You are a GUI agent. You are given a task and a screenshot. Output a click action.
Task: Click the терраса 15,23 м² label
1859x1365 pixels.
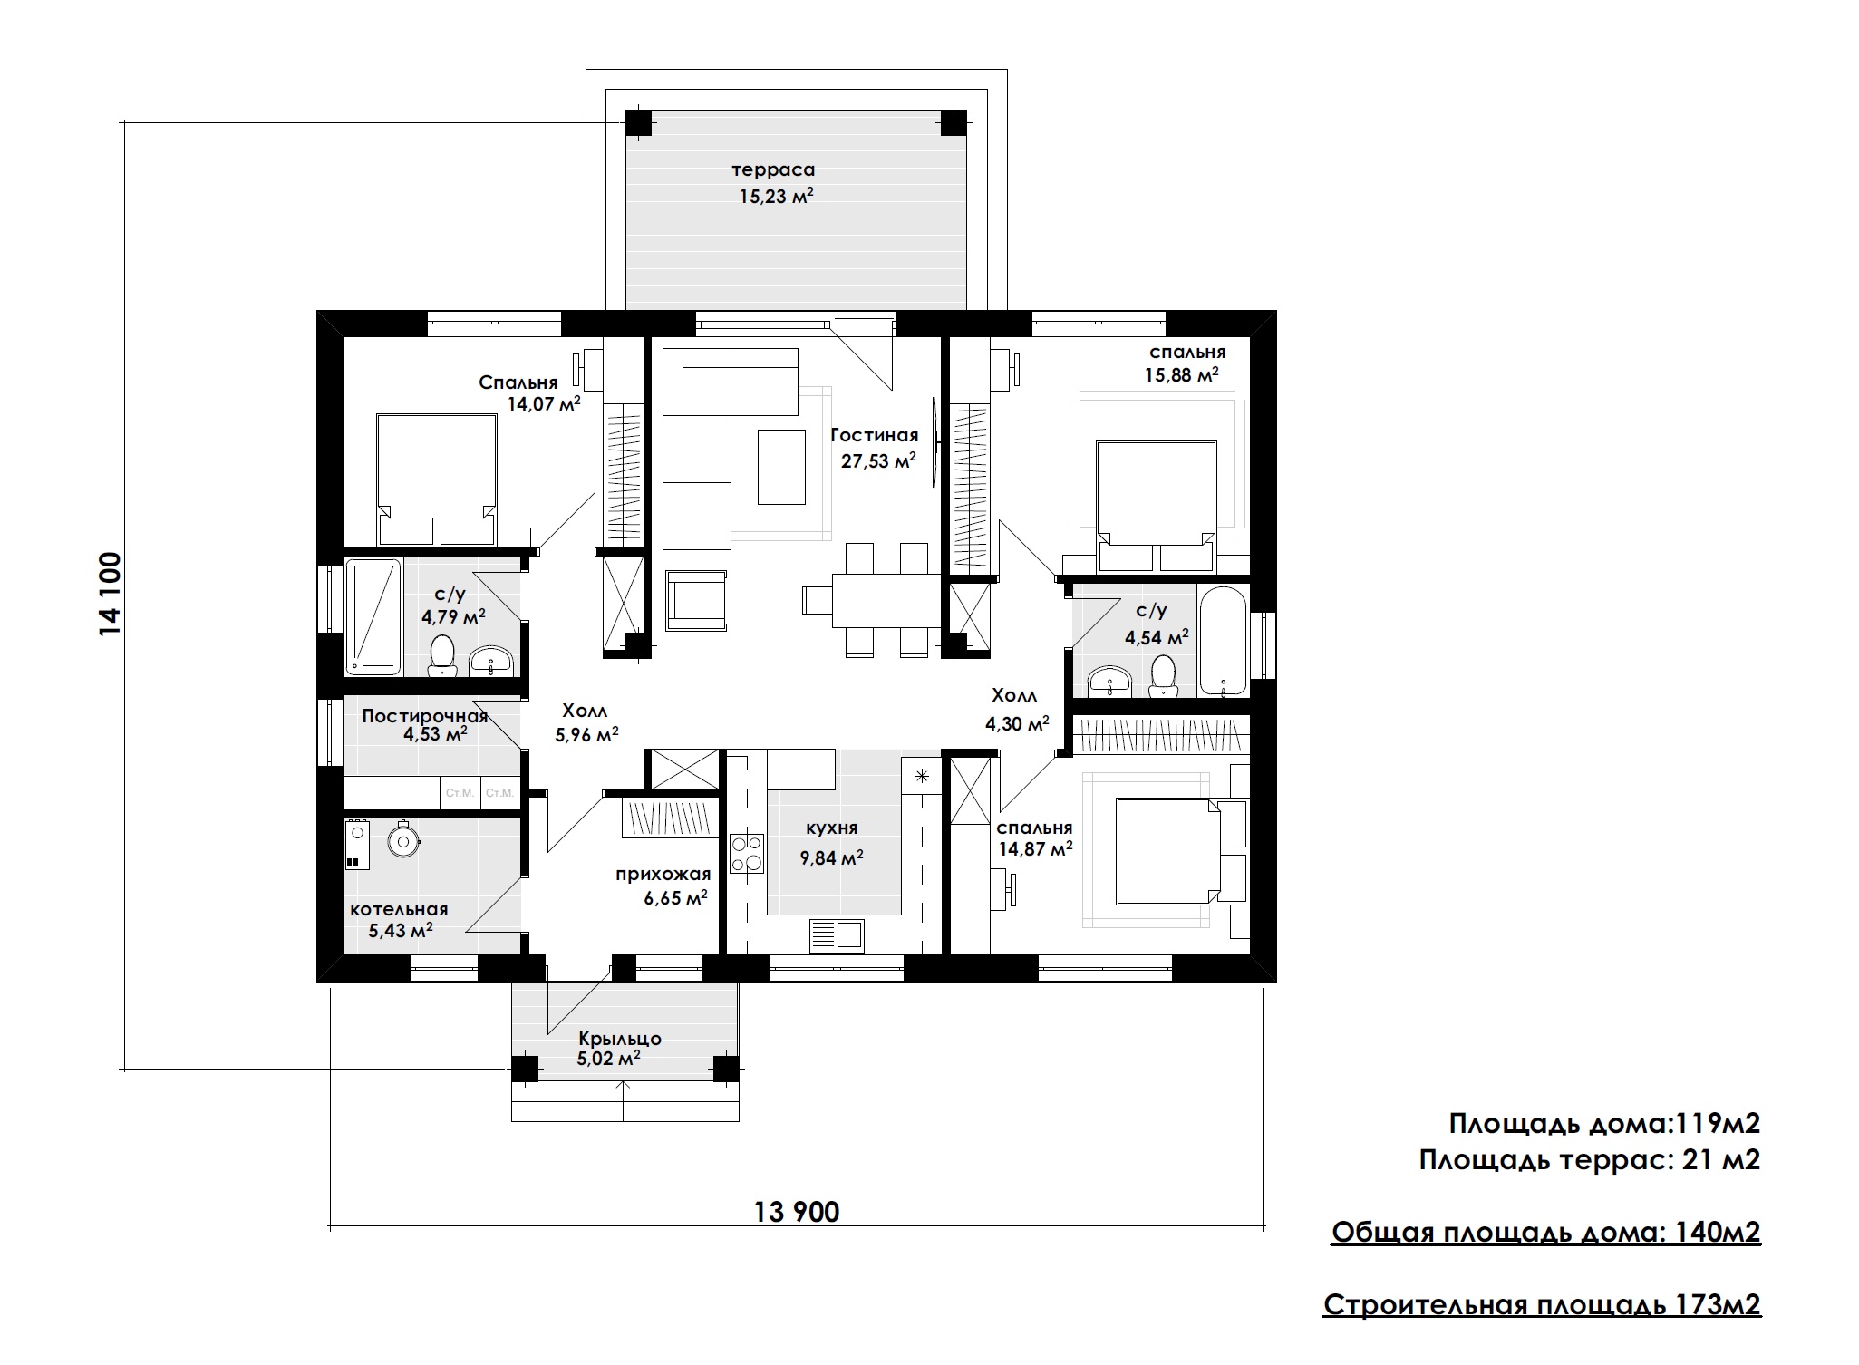(773, 182)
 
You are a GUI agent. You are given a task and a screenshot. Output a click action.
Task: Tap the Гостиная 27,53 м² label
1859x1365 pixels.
(875, 449)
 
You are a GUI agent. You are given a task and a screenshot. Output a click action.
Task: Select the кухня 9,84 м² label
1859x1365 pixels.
(831, 842)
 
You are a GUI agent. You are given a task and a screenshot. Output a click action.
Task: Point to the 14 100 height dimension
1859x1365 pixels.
(110, 594)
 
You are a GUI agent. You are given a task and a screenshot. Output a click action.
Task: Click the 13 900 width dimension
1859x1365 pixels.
(797, 1211)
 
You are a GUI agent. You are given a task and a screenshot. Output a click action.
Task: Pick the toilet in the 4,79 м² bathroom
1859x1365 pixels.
(441, 655)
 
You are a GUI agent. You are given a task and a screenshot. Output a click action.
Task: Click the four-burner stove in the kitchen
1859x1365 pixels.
(748, 852)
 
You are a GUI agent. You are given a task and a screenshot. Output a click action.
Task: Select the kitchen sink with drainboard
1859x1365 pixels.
(837, 935)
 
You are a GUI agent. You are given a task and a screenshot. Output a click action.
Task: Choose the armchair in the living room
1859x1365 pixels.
(696, 600)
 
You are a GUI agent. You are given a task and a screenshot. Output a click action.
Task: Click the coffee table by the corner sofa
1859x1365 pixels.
(781, 466)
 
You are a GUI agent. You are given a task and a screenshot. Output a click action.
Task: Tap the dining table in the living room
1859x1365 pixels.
(886, 600)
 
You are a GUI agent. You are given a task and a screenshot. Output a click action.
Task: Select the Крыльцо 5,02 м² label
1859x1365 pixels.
(620, 1048)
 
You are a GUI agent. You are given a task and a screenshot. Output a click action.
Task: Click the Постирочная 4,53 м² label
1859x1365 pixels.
(425, 724)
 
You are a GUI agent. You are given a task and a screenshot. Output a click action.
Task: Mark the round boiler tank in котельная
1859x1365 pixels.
(403, 840)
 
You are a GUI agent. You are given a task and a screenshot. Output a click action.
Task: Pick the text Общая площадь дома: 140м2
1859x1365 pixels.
(1546, 1232)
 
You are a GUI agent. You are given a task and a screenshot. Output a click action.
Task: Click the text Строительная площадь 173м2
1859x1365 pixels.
(1543, 1304)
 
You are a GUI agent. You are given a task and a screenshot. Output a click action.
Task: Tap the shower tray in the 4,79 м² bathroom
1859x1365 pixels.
(373, 616)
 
